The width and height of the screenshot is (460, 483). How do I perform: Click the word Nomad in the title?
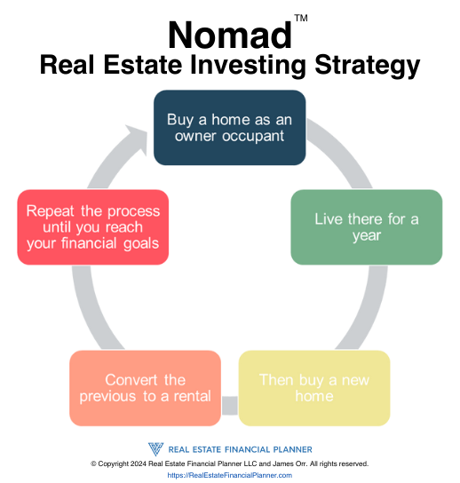230,36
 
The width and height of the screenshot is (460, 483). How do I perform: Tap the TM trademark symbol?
301,18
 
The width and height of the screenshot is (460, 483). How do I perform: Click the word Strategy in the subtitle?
368,67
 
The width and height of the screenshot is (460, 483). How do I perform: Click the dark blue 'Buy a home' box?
229,128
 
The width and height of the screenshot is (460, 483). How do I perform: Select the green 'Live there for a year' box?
367,227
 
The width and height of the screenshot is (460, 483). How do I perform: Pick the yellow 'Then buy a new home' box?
314,388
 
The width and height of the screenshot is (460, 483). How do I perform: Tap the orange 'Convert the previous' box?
145,388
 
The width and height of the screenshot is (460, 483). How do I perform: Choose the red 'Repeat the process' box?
92,227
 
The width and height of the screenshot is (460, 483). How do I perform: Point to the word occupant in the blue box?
253,137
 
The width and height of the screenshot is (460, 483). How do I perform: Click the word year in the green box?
367,236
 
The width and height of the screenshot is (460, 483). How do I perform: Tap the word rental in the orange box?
192,396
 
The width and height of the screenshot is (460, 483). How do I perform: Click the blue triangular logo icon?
156,449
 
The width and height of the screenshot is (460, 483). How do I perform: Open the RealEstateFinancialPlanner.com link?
229,475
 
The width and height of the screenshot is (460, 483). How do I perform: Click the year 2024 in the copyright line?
139,463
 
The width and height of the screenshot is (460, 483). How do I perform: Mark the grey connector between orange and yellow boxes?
230,406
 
